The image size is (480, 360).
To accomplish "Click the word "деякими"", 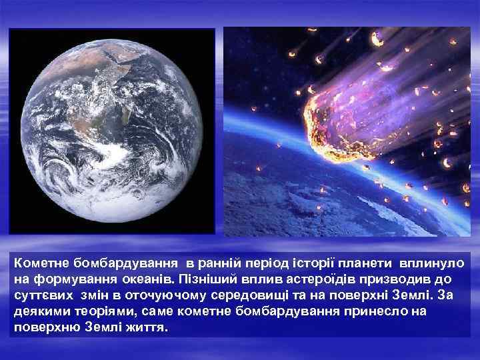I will coord(39,311).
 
